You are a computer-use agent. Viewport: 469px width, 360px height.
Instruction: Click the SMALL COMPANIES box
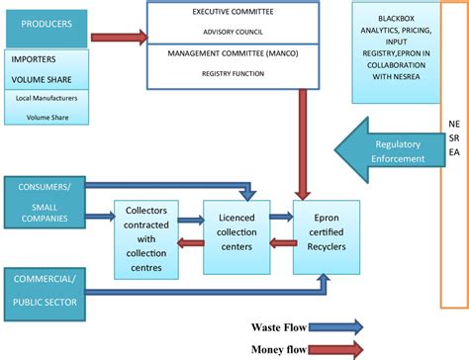44,217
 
